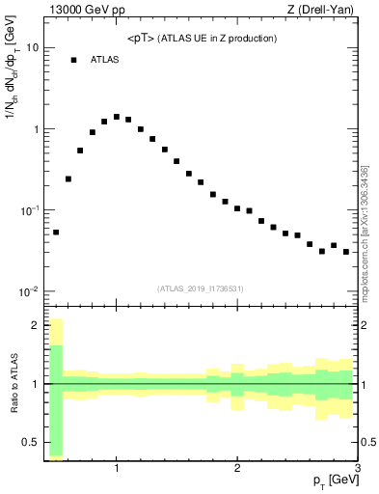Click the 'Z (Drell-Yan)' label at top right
[x=324, y=11]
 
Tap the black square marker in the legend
[x=73, y=60]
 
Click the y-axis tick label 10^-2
[x=29, y=291]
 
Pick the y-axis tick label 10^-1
[x=29, y=210]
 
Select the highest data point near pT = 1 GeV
[x=117, y=117]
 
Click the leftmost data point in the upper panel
[x=56, y=232]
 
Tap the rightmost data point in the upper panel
[x=345, y=252]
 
